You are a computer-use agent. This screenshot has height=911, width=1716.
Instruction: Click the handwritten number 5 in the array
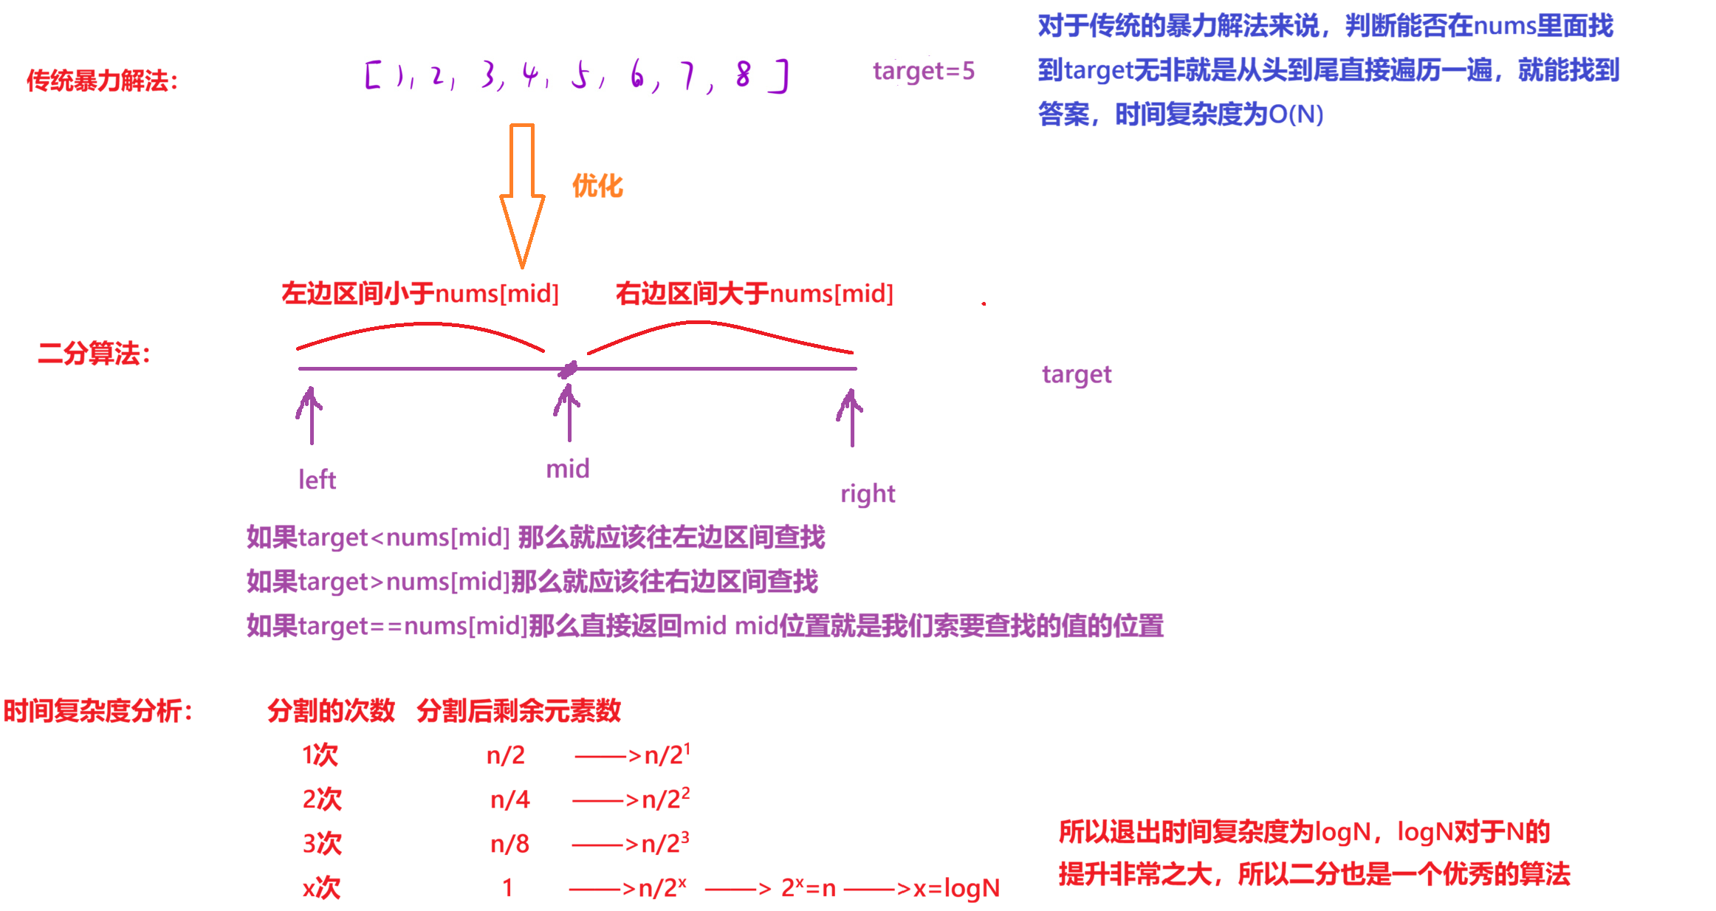pyautogui.click(x=580, y=75)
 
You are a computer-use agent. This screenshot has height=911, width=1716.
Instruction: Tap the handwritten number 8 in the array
pyautogui.click(x=743, y=75)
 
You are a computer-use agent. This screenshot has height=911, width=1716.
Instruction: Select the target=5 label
pyautogui.click(x=923, y=71)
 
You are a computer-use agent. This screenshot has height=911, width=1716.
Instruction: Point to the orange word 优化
pyautogui.click(x=597, y=186)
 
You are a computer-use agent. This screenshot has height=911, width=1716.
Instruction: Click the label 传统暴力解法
pyautogui.click(x=102, y=80)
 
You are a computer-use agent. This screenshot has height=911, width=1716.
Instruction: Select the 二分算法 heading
pyautogui.click(x=94, y=354)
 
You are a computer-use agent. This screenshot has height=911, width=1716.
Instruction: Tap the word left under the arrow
pyautogui.click(x=317, y=480)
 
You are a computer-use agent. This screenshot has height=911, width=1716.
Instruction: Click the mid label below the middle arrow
pyautogui.click(x=567, y=469)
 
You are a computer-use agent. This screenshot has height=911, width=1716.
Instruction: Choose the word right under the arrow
pyautogui.click(x=868, y=493)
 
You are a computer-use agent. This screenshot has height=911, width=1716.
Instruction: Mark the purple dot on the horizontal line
pyautogui.click(x=568, y=369)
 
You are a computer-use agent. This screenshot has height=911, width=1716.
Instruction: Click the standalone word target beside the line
pyautogui.click(x=1077, y=374)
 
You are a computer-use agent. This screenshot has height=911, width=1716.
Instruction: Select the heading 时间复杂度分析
pyautogui.click(x=97, y=711)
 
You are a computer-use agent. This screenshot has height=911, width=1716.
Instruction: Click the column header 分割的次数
pyautogui.click(x=331, y=711)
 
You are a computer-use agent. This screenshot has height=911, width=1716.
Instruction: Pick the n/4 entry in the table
pyautogui.click(x=510, y=800)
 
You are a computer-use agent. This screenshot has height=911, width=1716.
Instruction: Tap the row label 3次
pyautogui.click(x=322, y=844)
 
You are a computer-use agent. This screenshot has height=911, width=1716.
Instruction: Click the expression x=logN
pyautogui.click(x=956, y=888)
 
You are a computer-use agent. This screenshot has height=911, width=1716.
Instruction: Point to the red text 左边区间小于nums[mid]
pyautogui.click(x=420, y=294)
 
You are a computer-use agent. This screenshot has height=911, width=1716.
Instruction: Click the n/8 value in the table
pyautogui.click(x=510, y=844)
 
